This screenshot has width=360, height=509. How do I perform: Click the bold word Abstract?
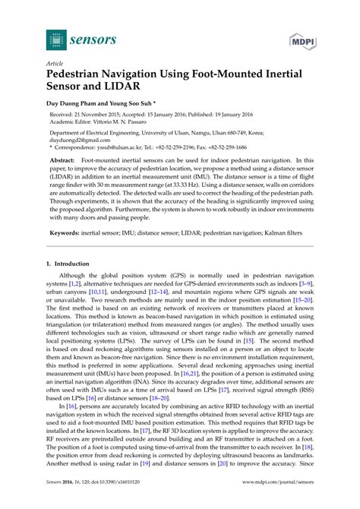(x=62, y=183)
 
